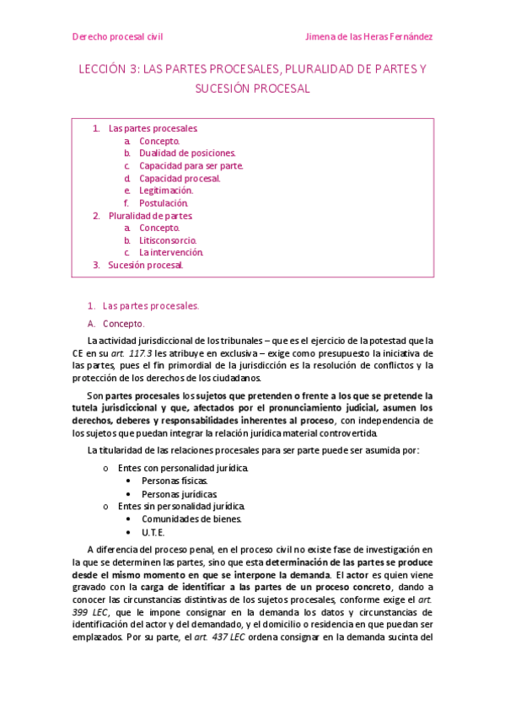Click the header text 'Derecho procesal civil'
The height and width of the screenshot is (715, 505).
pyautogui.click(x=117, y=37)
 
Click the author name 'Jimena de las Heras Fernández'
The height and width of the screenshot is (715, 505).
pyautogui.click(x=368, y=37)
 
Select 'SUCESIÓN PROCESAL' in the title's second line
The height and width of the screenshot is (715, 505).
pyautogui.click(x=252, y=88)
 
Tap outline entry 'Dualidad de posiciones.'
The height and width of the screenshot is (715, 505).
pyautogui.click(x=187, y=153)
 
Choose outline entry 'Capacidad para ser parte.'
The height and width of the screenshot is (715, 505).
pyautogui.click(x=191, y=166)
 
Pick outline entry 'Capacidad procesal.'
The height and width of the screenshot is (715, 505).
pyautogui.click(x=180, y=179)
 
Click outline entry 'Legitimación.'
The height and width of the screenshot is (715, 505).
pyautogui.click(x=166, y=191)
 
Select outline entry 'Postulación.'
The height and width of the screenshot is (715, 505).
pyautogui.click(x=164, y=203)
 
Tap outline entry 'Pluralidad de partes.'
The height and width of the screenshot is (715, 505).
pyautogui.click(x=151, y=216)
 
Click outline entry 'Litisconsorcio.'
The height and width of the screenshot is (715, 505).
pyautogui.click(x=168, y=240)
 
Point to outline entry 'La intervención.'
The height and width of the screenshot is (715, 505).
pyautogui.click(x=171, y=252)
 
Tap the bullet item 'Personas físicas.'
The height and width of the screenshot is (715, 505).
pyautogui.click(x=174, y=481)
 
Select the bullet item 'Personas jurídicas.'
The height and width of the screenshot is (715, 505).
pyautogui.click(x=179, y=494)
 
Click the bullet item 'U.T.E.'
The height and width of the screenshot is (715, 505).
pyautogui.click(x=153, y=533)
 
